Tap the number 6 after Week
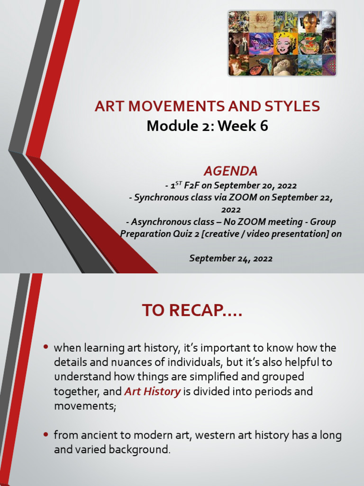[x=263, y=126]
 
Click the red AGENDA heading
[x=231, y=171]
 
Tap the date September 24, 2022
[x=231, y=258]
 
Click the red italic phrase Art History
[x=152, y=392]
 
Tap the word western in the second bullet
[x=217, y=435]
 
